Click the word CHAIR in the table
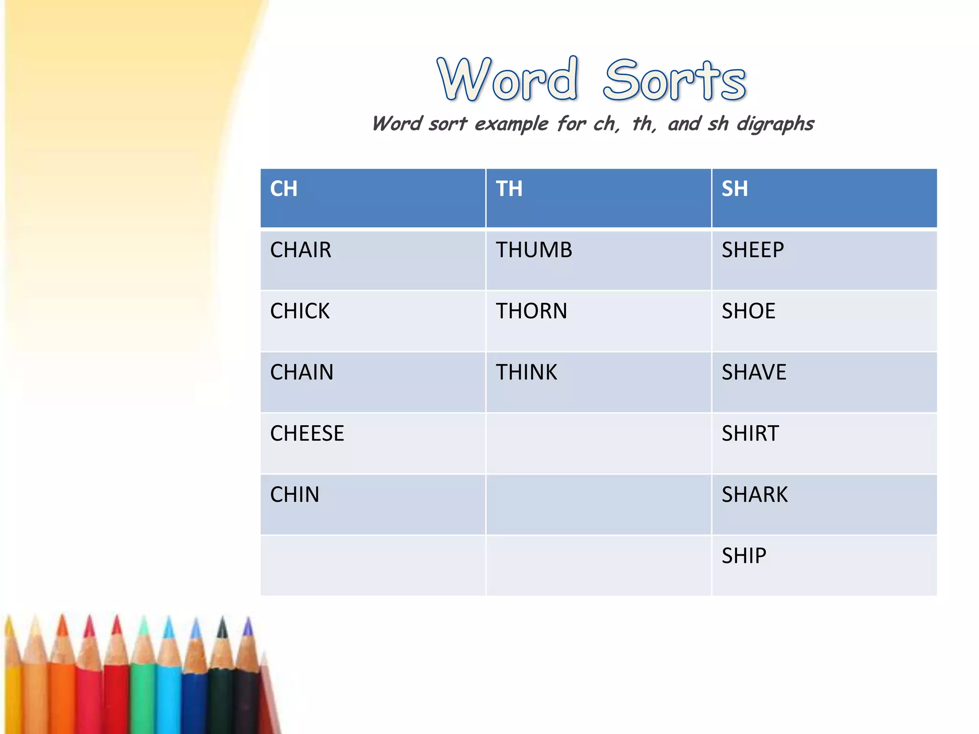[x=300, y=250]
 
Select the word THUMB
[x=533, y=250]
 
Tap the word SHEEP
[x=752, y=250]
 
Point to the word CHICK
[x=300, y=311]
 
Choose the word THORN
[x=531, y=311]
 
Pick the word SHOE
[x=748, y=311]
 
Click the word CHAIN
[x=302, y=372]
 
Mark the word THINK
[x=526, y=372]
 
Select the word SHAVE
[x=754, y=372]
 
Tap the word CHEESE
[x=307, y=433]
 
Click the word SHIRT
[x=750, y=433]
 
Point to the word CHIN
[x=294, y=495]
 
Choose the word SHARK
[x=754, y=495]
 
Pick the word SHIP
[x=744, y=556]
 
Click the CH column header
[x=283, y=189]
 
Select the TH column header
[x=509, y=189]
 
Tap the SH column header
[x=735, y=189]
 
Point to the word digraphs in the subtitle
[x=775, y=124]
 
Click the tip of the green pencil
[x=143, y=621]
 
